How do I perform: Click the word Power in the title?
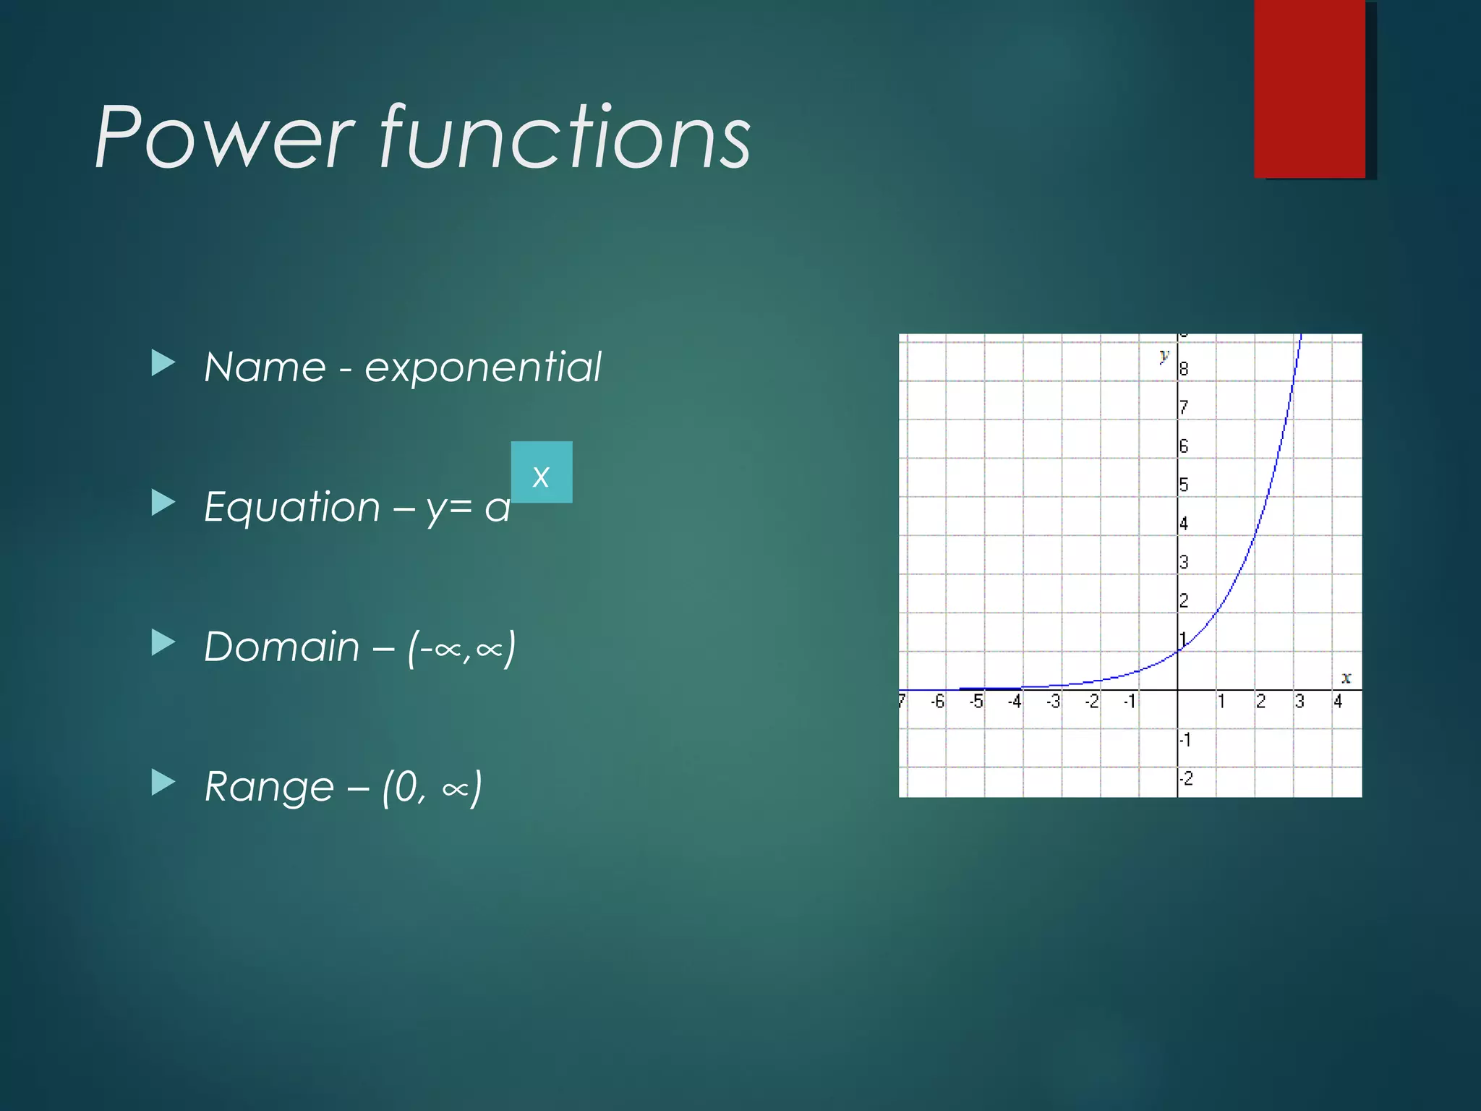point(224,137)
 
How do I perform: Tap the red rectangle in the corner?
point(1310,88)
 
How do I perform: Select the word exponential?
point(482,367)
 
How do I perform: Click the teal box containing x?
point(542,472)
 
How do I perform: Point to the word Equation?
point(292,506)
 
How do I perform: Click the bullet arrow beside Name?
point(163,363)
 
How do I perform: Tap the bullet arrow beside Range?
point(163,783)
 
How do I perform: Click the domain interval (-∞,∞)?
point(461,647)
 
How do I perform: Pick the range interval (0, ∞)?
point(432,787)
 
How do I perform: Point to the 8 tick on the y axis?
point(1184,370)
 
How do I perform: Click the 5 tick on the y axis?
point(1184,485)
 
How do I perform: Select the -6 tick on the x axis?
point(937,701)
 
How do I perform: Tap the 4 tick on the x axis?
point(1338,701)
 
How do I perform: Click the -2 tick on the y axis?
point(1185,779)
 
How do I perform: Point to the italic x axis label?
point(1346,678)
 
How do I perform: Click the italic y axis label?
point(1164,355)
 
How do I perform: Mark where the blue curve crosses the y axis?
point(1177,651)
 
